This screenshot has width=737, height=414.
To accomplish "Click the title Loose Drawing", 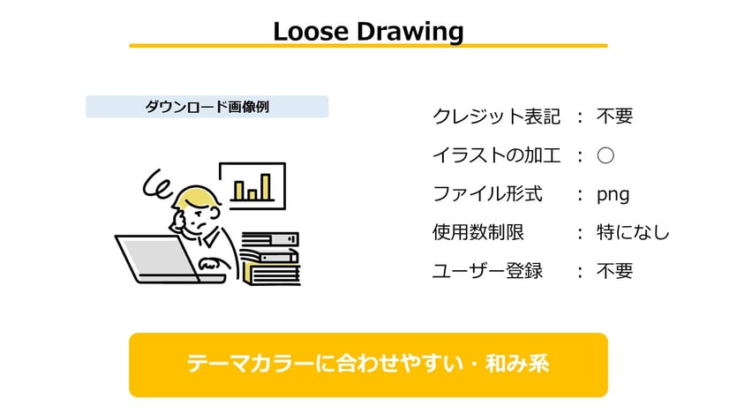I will [x=368, y=31].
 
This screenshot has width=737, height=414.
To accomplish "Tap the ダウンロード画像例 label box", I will [x=207, y=107].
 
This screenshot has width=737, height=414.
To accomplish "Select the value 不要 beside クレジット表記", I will [x=614, y=117].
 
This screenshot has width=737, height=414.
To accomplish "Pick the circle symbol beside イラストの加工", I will [x=605, y=155].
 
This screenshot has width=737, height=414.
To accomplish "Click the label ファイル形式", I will [x=487, y=194].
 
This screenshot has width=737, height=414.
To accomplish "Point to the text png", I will [x=613, y=194].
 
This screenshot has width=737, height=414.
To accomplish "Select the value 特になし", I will [x=633, y=233].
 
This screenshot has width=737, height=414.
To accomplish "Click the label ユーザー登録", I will [x=487, y=271].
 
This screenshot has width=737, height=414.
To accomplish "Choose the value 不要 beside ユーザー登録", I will [x=614, y=271].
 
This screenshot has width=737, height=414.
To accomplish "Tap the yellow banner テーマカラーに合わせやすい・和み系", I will [x=368, y=365].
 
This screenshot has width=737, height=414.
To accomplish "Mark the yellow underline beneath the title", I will [x=368, y=45].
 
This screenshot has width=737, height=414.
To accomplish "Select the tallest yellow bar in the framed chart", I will [x=266, y=186].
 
